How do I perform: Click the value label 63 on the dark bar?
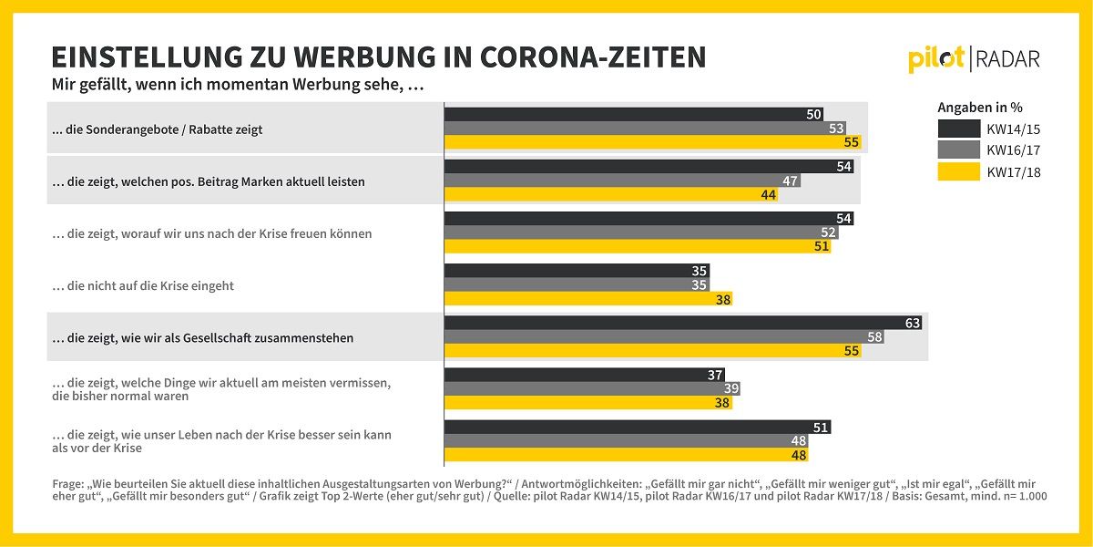pos(912,323)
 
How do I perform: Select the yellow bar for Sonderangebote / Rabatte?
pos(653,142)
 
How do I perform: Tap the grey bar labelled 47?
pos(623,181)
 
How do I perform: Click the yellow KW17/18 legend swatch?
pos(959,172)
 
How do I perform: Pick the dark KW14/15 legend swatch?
pos(959,129)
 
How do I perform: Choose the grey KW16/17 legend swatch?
pos(959,150)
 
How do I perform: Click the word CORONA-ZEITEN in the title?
pos(593,57)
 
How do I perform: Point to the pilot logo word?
pos(936,60)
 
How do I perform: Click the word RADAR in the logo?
pos(1007,60)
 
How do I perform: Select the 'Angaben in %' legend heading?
pos(980,108)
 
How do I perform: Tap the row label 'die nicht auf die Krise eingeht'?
pos(142,285)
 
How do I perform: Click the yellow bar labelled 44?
pos(611,194)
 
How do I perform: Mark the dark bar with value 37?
pos(585,375)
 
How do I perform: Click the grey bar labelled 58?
pos(664,336)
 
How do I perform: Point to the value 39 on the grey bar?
pos(730,388)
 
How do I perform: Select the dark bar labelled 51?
pos(638,427)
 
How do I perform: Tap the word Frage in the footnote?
pos(67,484)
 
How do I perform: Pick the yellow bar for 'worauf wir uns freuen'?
pos(638,246)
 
